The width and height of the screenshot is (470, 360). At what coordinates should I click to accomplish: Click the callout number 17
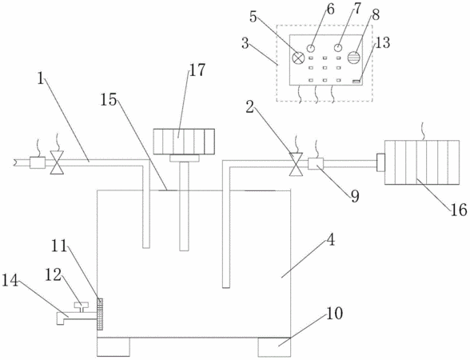197,70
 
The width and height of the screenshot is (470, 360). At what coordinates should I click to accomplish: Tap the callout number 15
108,99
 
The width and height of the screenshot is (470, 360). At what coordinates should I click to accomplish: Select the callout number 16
459,210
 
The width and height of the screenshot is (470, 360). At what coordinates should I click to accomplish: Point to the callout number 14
10,282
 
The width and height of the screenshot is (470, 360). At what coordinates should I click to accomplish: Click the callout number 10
334,314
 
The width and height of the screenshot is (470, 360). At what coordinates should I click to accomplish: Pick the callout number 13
382,42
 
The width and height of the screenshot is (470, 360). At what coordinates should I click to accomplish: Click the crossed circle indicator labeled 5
298,58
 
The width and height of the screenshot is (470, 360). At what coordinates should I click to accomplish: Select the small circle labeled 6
311,48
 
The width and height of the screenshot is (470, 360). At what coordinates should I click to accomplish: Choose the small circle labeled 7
338,48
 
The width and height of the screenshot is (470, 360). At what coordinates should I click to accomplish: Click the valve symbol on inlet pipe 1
57,162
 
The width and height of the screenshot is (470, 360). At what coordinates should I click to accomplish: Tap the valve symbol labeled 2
296,165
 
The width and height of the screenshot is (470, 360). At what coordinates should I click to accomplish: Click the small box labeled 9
316,164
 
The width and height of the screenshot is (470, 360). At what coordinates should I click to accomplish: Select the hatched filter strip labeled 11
100,314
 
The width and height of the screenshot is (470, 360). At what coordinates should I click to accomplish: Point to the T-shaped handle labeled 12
82,307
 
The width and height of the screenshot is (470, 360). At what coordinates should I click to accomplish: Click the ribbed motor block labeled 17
184,142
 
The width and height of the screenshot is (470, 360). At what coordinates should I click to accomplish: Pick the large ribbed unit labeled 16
422,162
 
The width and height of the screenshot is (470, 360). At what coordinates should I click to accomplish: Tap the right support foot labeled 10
274,347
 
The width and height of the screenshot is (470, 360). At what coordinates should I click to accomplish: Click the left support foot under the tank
114,347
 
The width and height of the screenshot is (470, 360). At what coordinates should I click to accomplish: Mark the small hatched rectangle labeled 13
356,82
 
